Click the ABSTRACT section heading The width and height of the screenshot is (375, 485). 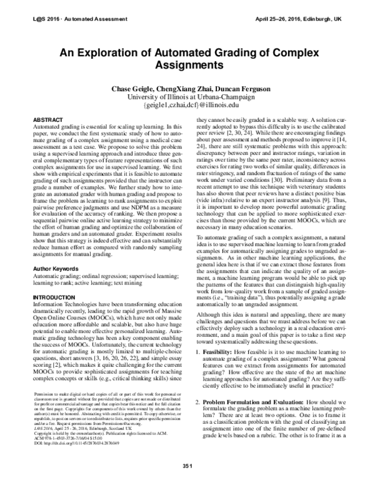47,118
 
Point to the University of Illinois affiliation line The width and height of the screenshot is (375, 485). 187,97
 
